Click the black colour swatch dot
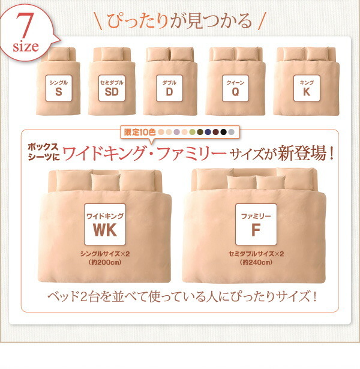pyautogui.click(x=223, y=131)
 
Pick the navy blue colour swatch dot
pyautogui.click(x=208, y=131)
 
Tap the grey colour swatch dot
pyautogui.click(x=232, y=131)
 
